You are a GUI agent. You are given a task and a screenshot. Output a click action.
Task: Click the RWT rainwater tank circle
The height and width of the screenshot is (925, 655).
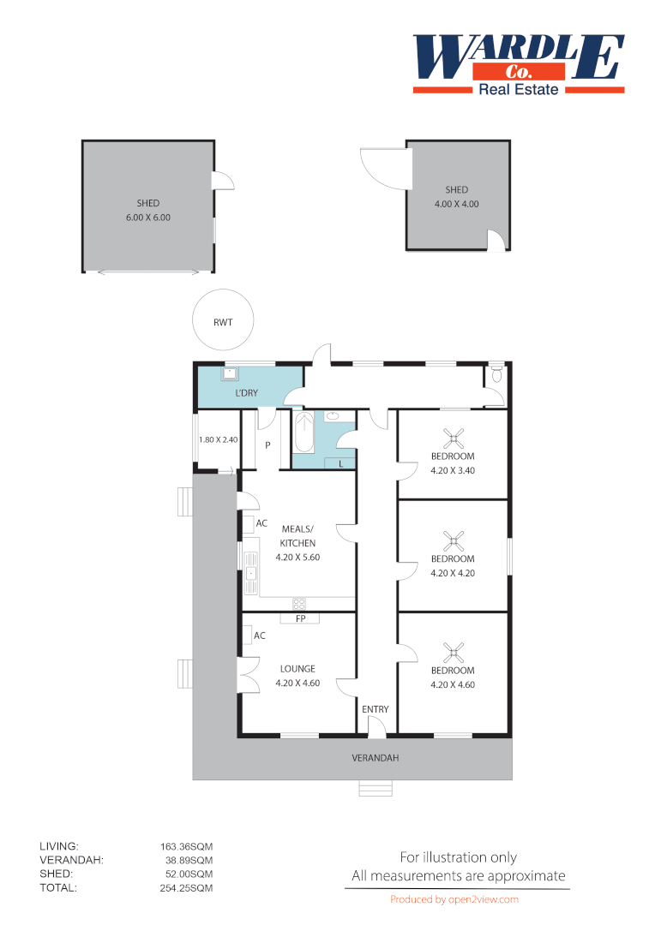pos(223,321)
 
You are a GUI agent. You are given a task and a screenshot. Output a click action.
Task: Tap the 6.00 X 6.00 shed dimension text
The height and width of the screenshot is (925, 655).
pos(148,218)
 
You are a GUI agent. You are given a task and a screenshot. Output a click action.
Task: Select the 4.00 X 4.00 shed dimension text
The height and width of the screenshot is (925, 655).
pos(456,205)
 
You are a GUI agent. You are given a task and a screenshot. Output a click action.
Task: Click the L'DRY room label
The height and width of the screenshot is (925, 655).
pos(247,393)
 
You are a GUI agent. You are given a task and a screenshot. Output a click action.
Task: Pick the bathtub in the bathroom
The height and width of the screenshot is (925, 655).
pos(303,433)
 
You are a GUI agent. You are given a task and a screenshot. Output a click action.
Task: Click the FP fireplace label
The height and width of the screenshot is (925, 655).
pos(300,618)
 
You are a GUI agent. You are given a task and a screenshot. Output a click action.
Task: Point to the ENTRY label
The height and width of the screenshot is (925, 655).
pos(376,709)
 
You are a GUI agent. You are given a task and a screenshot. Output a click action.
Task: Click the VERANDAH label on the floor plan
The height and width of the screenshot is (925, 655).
pos(376,758)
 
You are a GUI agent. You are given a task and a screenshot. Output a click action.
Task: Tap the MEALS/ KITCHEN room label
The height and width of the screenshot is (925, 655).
pos(297,536)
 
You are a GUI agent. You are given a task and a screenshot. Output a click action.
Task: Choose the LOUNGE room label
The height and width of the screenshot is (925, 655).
pos(297,669)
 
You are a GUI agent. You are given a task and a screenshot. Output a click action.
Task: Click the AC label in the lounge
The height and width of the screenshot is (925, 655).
pos(260,636)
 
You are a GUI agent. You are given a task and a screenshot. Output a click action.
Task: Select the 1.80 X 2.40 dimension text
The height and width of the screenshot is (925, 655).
pos(217,439)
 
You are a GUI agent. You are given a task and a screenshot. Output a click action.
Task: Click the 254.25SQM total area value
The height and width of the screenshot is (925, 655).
pos(181,888)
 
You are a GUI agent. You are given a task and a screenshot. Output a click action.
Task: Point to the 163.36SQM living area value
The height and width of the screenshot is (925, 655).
pos(181,846)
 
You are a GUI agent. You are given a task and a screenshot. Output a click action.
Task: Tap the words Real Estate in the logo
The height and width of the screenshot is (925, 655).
pos(518,89)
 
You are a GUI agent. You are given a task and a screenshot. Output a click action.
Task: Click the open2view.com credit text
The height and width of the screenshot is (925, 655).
pos(454,899)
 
